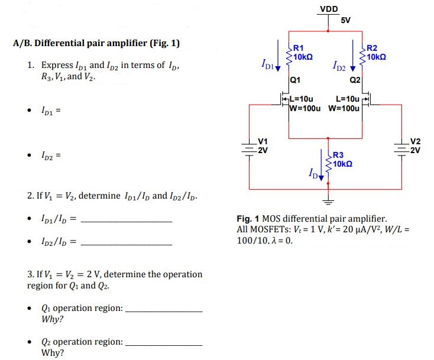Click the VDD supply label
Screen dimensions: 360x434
[329, 9]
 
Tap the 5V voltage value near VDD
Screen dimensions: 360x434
[346, 20]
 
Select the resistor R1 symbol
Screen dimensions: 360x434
[289, 54]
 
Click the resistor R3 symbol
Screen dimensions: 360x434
[329, 160]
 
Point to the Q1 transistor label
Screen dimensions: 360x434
[295, 79]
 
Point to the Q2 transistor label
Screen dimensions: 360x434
[355, 79]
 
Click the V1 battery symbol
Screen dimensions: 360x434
[250, 148]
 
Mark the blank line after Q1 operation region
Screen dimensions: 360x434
[164, 311]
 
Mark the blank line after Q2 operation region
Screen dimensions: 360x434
[164, 345]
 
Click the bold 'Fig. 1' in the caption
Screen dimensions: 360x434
[248, 218]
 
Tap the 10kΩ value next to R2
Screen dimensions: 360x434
[377, 57]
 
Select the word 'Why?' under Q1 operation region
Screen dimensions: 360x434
[53, 320]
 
